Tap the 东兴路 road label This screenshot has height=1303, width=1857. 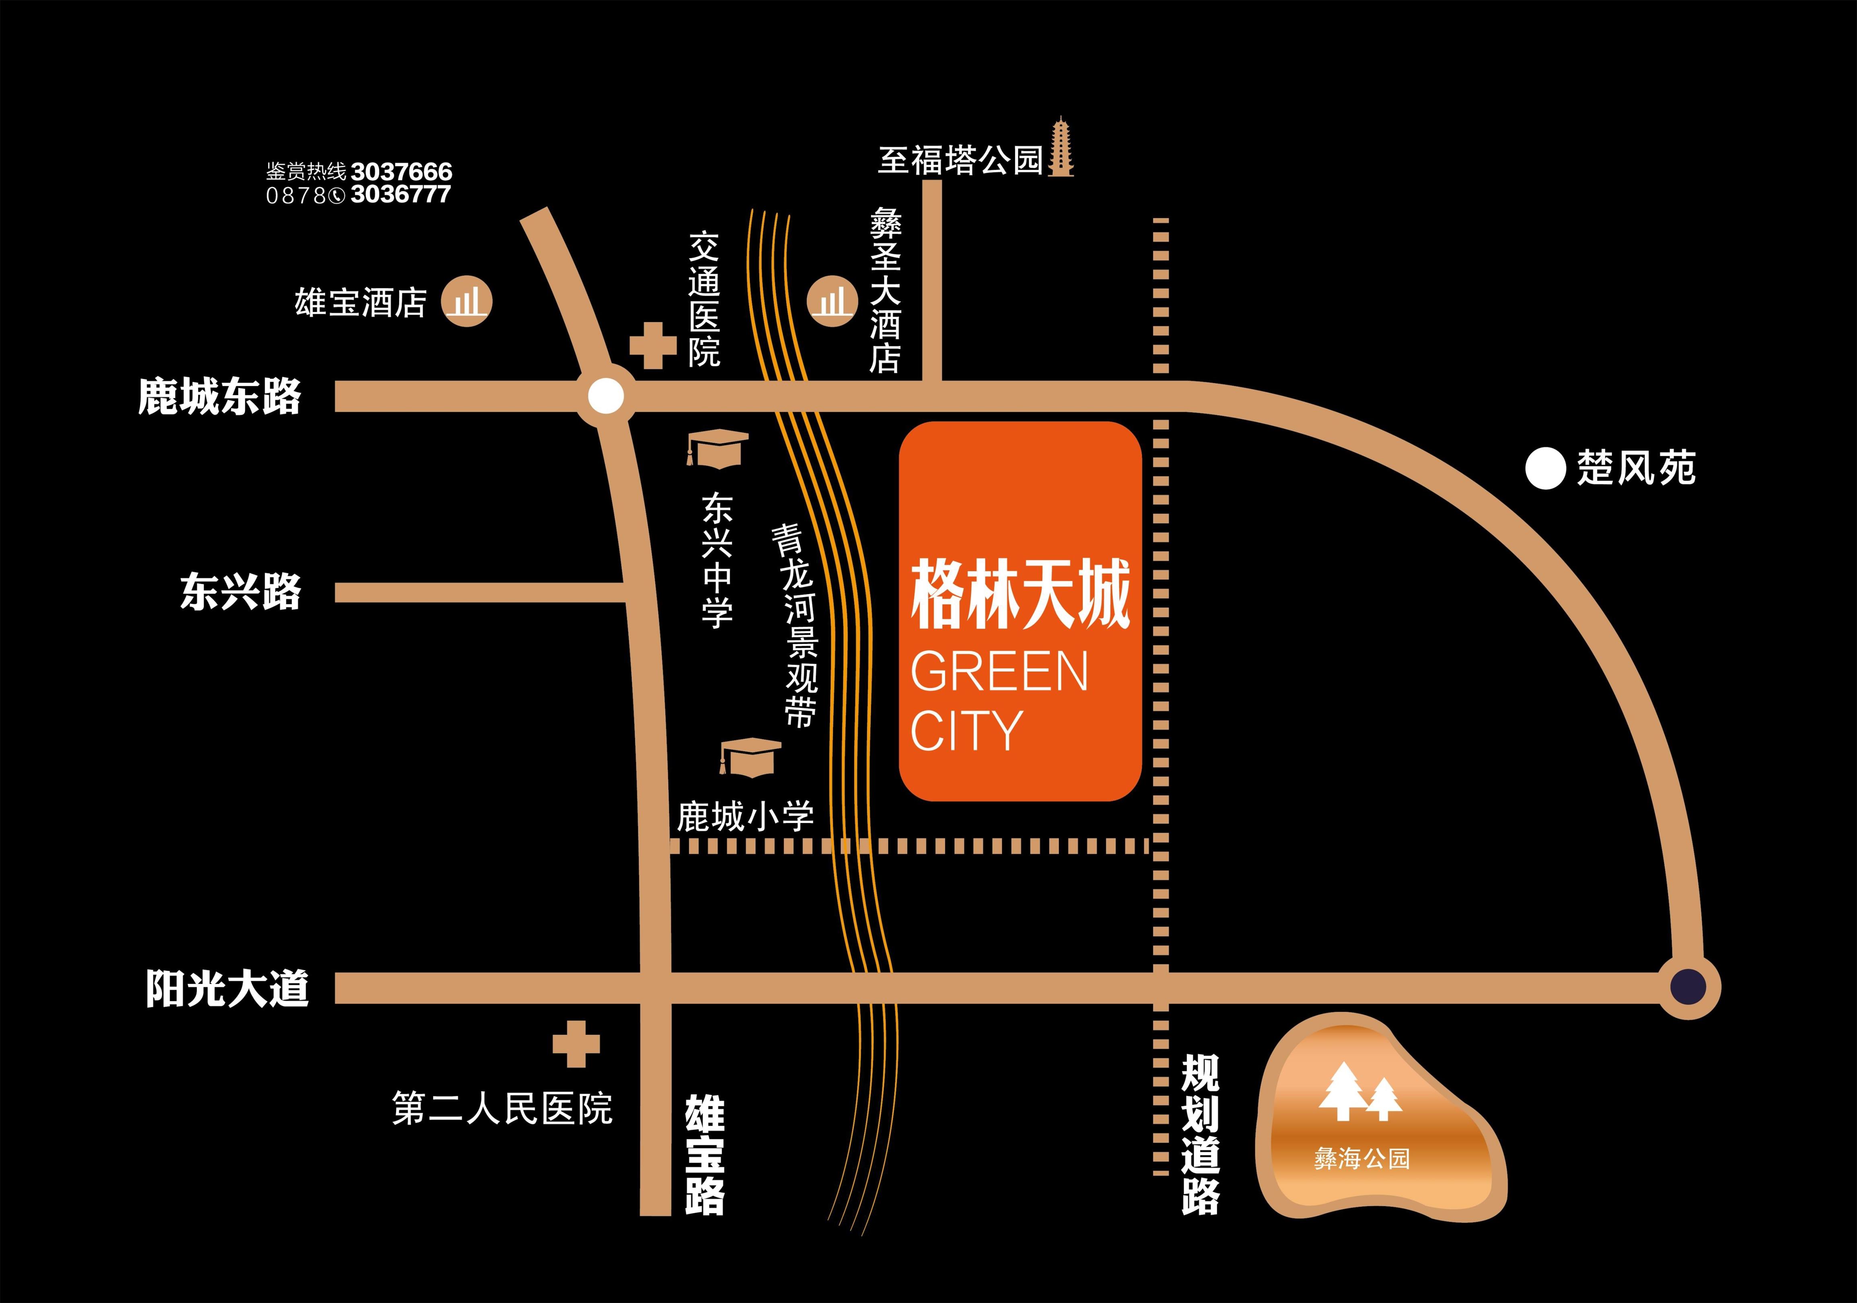tap(240, 591)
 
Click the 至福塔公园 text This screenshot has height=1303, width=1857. tap(961, 160)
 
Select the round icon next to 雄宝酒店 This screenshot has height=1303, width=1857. tap(467, 303)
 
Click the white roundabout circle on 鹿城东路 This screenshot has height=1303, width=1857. tap(606, 396)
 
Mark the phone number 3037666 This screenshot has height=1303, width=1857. tap(402, 171)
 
